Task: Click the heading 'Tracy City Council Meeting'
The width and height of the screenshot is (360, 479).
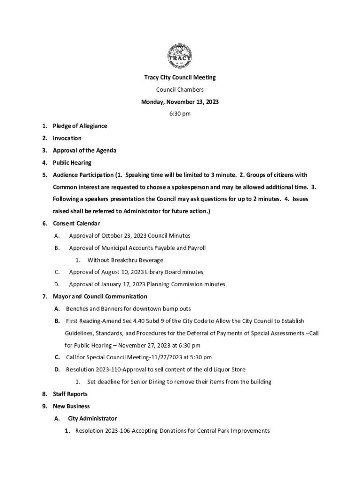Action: coord(180,78)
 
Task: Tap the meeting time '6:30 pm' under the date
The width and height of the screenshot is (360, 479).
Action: coord(180,114)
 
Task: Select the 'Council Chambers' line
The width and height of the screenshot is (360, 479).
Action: coord(180,90)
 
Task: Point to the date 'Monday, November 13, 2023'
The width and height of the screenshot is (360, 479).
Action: coord(180,102)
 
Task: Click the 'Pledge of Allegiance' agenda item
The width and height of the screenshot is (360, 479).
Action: coord(80,126)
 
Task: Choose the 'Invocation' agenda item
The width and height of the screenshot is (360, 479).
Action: coord(67,138)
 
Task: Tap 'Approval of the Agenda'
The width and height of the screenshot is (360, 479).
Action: coord(85,150)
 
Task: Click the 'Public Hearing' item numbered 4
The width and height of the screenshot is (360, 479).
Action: coord(72,163)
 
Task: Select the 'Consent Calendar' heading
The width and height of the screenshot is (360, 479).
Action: coord(76,224)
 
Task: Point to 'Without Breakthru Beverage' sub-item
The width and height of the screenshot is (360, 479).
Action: coord(125,260)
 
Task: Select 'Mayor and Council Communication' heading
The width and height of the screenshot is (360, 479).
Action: coord(100,297)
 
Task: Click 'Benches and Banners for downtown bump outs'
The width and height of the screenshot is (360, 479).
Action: coord(129,309)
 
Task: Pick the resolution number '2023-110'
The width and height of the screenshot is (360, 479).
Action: coord(108,370)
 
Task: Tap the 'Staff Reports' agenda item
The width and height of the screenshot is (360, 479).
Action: coord(70,394)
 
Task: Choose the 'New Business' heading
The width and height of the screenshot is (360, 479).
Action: coord(71,406)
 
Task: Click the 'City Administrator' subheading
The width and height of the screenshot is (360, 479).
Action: coord(92,418)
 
